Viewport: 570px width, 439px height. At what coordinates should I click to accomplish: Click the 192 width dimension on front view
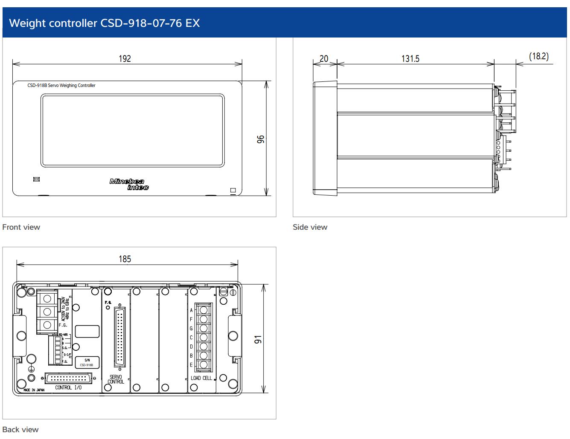coord(125,58)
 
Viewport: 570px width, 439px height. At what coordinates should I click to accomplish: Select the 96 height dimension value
coord(261,139)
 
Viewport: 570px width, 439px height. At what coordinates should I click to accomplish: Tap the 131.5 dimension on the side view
coord(410,58)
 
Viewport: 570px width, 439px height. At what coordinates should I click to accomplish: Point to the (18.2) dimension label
coord(538,56)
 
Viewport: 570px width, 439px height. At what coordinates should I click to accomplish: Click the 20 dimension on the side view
coord(324,58)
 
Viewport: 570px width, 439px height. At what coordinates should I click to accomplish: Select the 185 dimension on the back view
coord(125,259)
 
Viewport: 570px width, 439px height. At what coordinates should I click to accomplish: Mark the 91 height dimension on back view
coord(258,339)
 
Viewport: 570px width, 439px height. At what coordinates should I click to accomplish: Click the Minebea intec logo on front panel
coord(129,184)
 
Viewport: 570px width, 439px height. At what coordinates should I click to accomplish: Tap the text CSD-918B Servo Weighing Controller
coord(61,85)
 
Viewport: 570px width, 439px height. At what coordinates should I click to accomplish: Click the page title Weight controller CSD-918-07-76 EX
coord(105,23)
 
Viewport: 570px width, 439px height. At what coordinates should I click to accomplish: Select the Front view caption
coord(21,227)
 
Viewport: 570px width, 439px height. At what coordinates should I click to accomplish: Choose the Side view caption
coord(310,227)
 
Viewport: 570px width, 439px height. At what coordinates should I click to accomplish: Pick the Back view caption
coord(20,429)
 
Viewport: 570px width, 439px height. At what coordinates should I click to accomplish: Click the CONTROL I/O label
coord(68,387)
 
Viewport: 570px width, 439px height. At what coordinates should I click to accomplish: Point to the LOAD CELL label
coord(201,378)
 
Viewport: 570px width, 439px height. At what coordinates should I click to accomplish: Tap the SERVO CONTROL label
coord(116,379)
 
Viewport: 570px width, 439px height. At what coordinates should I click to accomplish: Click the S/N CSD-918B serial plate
coord(87,362)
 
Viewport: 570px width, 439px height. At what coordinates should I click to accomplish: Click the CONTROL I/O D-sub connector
coord(68,378)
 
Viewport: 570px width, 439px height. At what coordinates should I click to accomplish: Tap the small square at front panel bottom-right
coord(233,191)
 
